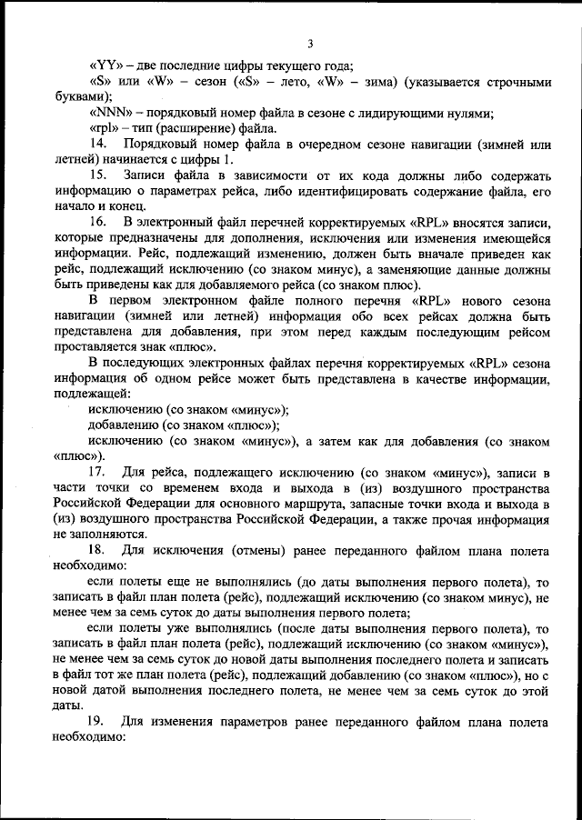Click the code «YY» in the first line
click(x=104, y=65)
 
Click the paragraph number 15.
click(x=97, y=175)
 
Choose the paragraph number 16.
click(x=97, y=222)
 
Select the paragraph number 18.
click(x=97, y=551)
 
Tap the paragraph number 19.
click(x=97, y=723)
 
